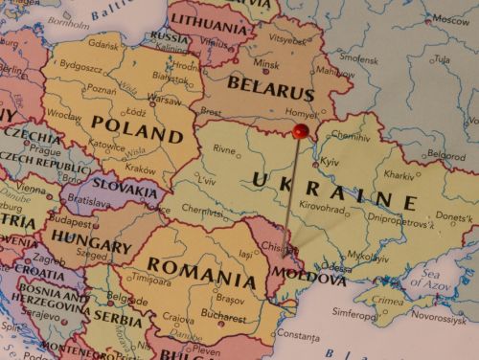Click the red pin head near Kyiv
tap(301, 130)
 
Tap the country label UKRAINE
tap(334, 189)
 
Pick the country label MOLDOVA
tap(312, 280)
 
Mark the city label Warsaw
tap(164, 99)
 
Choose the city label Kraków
tap(139, 169)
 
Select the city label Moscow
tap(450, 19)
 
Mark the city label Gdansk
tap(103, 44)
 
